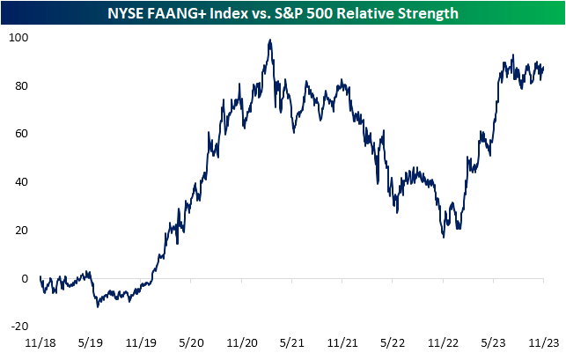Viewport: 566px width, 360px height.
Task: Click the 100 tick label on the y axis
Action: (17, 38)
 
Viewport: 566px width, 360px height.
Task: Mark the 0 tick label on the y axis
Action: (24, 278)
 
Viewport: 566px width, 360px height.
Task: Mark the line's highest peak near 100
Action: (268, 40)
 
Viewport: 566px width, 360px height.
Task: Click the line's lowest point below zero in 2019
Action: (98, 306)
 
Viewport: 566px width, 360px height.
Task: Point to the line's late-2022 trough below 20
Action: (444, 237)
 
